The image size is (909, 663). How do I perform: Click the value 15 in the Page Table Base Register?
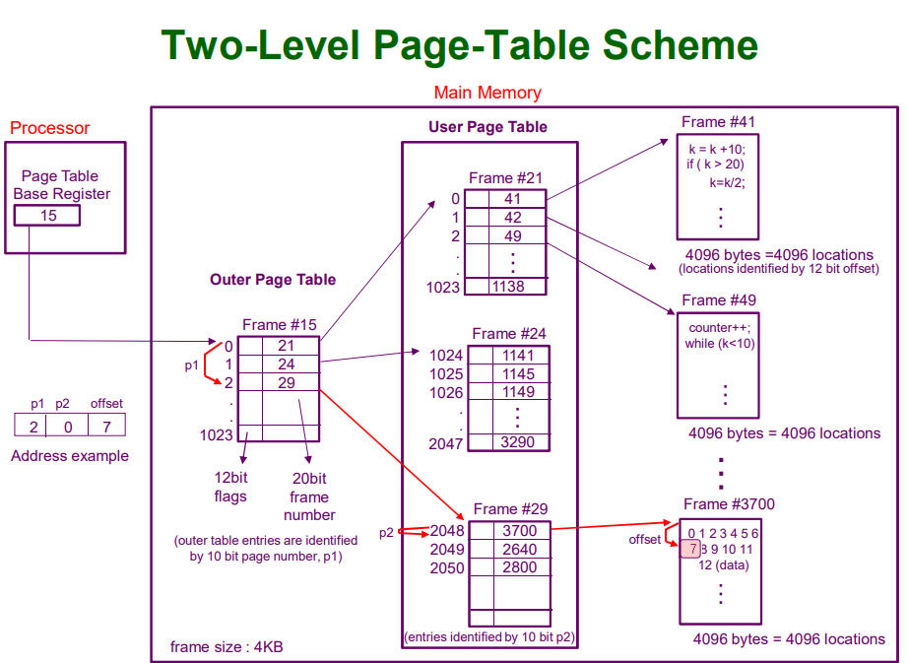click(x=48, y=215)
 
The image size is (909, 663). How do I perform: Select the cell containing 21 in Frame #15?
click(x=286, y=346)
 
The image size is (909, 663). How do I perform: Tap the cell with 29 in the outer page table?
click(x=286, y=383)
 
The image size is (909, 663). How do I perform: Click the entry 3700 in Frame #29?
click(x=520, y=531)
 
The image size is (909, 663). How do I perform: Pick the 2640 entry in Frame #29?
click(x=520, y=550)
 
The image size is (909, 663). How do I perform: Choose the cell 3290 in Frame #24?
click(x=518, y=442)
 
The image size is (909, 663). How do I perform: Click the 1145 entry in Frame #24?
click(x=518, y=373)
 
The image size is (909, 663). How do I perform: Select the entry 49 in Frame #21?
click(x=513, y=235)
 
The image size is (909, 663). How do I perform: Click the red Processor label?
click(x=49, y=128)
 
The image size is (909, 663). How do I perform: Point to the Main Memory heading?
click(x=487, y=93)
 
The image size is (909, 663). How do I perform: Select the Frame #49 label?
click(x=718, y=299)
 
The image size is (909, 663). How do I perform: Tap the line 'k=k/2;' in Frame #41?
click(x=727, y=182)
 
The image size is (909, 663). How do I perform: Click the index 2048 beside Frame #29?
click(x=446, y=531)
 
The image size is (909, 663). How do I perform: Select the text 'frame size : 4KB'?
click(x=227, y=647)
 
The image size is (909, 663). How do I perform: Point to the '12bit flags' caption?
click(x=229, y=487)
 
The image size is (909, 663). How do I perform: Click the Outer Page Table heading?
click(x=273, y=280)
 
